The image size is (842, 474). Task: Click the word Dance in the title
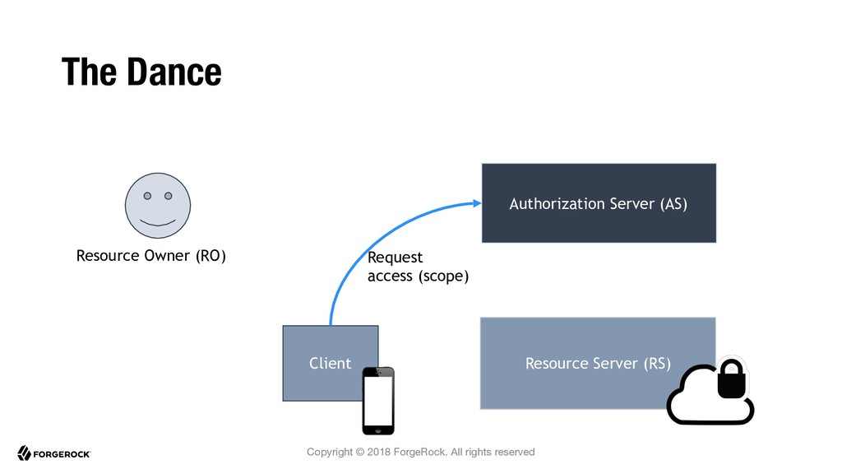pos(174,72)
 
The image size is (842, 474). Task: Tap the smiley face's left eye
pos(147,196)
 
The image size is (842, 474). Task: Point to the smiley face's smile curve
pos(158,222)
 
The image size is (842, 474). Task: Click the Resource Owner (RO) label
pos(151,256)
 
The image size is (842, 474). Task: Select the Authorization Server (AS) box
pos(599,203)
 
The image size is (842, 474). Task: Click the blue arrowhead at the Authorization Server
pos(477,203)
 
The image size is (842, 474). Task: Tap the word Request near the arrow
pos(396,258)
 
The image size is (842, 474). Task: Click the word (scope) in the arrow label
pos(443,276)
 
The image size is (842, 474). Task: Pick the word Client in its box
pos(331,363)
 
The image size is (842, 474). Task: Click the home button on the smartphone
pos(378,430)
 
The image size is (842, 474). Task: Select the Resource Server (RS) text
pos(599,364)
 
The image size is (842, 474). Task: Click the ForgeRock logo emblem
pos(24,453)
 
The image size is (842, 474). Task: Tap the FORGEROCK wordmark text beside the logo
pos(62,454)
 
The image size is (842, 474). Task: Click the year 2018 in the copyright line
pos(378,452)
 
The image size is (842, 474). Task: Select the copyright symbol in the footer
pos(360,452)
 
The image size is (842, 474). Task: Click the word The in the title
pos(89,72)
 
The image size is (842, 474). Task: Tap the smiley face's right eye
pos(168,196)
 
